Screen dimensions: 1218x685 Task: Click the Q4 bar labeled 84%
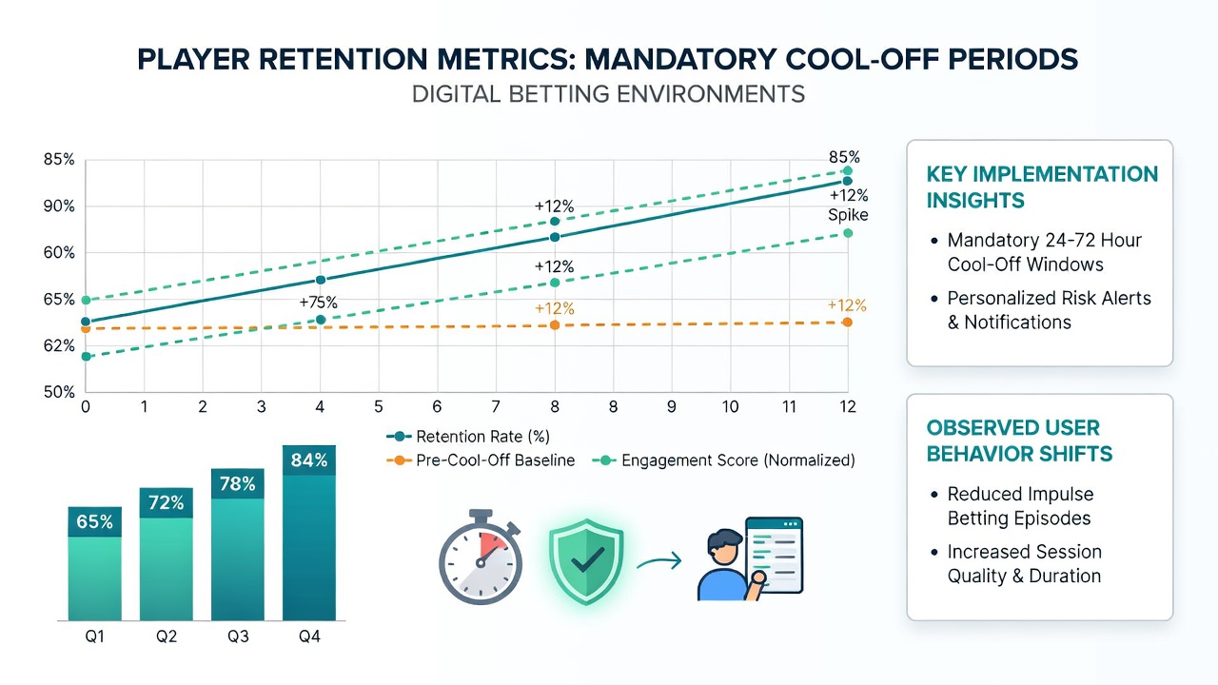point(309,533)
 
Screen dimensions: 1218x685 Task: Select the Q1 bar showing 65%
point(94,564)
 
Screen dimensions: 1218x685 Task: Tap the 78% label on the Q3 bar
point(238,484)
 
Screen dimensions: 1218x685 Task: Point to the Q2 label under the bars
point(167,636)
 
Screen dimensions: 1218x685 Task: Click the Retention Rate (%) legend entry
point(468,437)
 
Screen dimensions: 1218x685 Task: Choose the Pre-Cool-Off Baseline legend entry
point(481,460)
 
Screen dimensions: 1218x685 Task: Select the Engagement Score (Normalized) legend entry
point(724,460)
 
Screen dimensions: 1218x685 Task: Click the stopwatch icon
point(481,557)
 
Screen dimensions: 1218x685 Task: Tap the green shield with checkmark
point(585,561)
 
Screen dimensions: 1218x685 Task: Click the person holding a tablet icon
point(751,558)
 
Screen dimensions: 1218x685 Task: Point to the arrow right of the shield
point(659,561)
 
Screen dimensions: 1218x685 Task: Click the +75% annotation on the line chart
point(319,303)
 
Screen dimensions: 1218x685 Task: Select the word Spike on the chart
point(848,215)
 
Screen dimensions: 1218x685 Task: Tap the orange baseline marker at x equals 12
point(847,323)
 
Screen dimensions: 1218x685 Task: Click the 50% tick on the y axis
point(59,392)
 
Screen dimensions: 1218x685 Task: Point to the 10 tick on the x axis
point(730,406)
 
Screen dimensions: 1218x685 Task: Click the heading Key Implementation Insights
point(1042,187)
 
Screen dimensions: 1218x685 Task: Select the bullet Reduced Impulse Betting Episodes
point(1019,506)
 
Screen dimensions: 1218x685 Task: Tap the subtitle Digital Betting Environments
point(608,94)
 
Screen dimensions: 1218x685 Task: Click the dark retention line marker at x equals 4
point(321,280)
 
